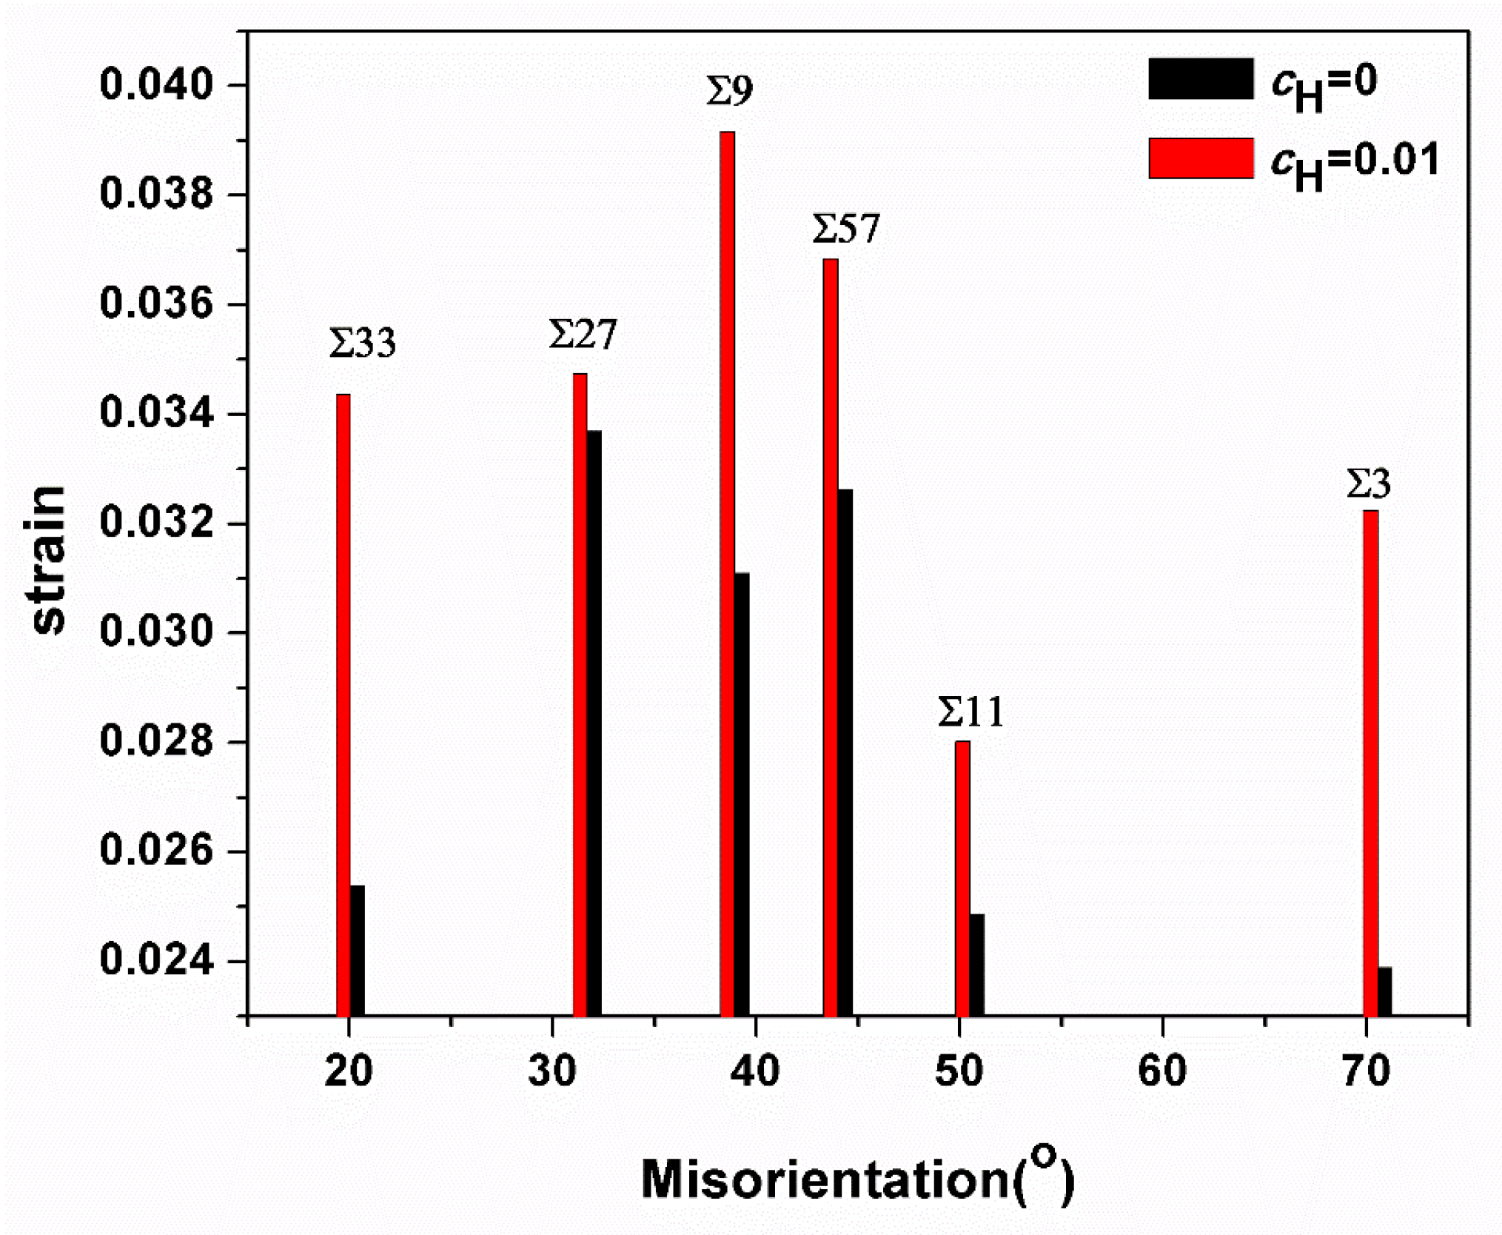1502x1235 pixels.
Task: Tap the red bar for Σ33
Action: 343,703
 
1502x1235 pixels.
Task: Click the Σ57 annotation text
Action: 845,229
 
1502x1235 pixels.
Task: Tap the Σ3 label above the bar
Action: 1368,484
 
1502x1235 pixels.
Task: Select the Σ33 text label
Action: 362,343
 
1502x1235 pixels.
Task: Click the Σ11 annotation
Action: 970,712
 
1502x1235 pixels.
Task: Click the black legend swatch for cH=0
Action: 1200,78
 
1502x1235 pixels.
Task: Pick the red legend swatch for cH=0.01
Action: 1200,158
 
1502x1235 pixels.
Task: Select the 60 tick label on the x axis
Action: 1161,1071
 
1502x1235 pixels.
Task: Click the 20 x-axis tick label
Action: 348,1071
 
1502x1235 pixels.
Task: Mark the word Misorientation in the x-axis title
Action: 824,1179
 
